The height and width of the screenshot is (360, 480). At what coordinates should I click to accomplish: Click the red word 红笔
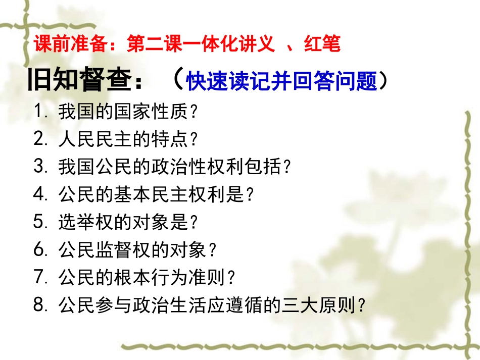tap(322, 45)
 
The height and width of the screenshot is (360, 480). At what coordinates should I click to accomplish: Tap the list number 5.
tap(40, 222)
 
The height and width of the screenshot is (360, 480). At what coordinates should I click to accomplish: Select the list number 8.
tap(40, 305)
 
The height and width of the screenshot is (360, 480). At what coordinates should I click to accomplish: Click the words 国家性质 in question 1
tap(149, 112)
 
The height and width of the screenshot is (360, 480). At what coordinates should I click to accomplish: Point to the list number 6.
tap(40, 249)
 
